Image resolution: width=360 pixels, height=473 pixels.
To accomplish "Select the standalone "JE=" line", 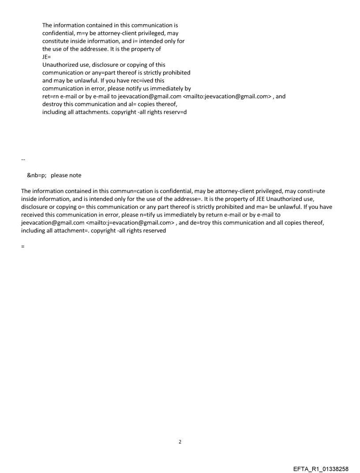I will [x=46, y=57].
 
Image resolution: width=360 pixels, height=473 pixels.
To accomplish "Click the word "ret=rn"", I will [x=50, y=96].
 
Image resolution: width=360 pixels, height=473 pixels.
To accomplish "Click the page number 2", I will [x=180, y=442].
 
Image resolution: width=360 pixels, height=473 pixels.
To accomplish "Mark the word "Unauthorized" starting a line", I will [x=60, y=65].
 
